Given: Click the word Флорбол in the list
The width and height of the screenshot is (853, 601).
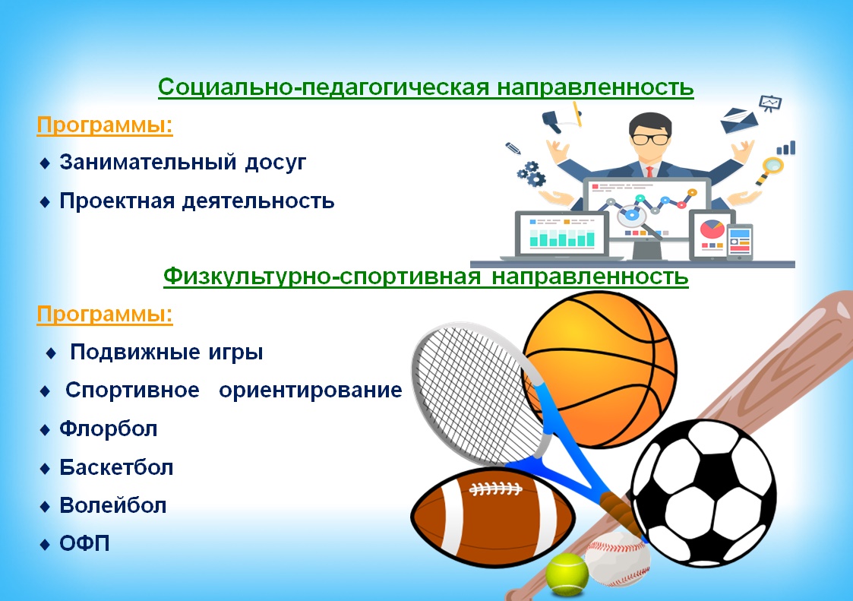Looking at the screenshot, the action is pyautogui.click(x=109, y=429).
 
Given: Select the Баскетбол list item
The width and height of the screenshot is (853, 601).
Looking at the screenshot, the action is pyautogui.click(x=116, y=467).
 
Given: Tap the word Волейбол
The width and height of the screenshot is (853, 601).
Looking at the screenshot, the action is pyautogui.click(x=112, y=506).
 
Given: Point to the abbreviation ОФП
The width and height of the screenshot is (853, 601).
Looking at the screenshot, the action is pyautogui.click(x=84, y=543).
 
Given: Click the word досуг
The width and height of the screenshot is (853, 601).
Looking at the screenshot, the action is pyautogui.click(x=275, y=163).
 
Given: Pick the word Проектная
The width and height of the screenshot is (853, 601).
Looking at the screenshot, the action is pyautogui.click(x=117, y=201).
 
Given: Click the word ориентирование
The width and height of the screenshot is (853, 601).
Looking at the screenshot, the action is pyautogui.click(x=310, y=391).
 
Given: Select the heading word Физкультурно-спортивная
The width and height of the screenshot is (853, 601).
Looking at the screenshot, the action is pyautogui.click(x=322, y=277).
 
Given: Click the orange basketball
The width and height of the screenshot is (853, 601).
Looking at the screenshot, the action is pyautogui.click(x=600, y=369).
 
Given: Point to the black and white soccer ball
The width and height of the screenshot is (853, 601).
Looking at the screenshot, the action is pyautogui.click(x=703, y=493).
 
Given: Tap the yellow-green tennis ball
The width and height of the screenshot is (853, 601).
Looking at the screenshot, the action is pyautogui.click(x=567, y=574).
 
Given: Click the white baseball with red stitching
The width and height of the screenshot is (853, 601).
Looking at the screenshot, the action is pyautogui.click(x=618, y=558).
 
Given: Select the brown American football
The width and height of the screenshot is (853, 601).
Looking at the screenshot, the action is pyautogui.click(x=492, y=517).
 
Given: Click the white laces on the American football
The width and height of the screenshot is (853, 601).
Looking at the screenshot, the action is pyautogui.click(x=495, y=489).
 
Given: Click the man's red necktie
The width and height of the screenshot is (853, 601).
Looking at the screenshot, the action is pyautogui.click(x=649, y=172).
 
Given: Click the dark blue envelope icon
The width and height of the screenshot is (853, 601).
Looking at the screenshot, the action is pyautogui.click(x=738, y=121).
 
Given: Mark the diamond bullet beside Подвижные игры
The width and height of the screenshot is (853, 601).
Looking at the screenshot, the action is pyautogui.click(x=51, y=353).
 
